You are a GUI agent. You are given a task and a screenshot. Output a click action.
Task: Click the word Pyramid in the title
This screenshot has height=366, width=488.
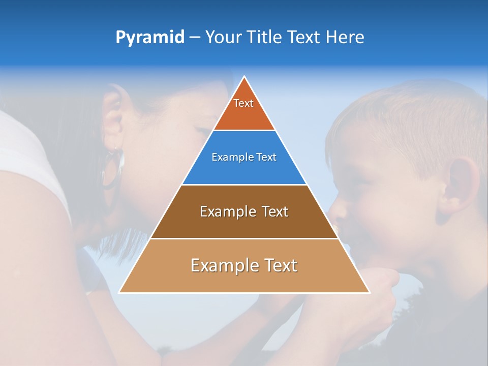tap(149, 38)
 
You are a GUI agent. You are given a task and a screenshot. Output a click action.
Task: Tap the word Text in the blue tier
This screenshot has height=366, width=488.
tap(266, 158)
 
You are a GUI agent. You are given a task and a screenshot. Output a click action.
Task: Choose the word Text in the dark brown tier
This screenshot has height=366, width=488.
tap(274, 211)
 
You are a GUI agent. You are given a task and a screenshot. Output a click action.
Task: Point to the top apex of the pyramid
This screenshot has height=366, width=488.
tap(244, 77)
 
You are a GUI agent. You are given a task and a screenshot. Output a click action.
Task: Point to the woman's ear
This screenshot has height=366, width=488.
tap(113, 119)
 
